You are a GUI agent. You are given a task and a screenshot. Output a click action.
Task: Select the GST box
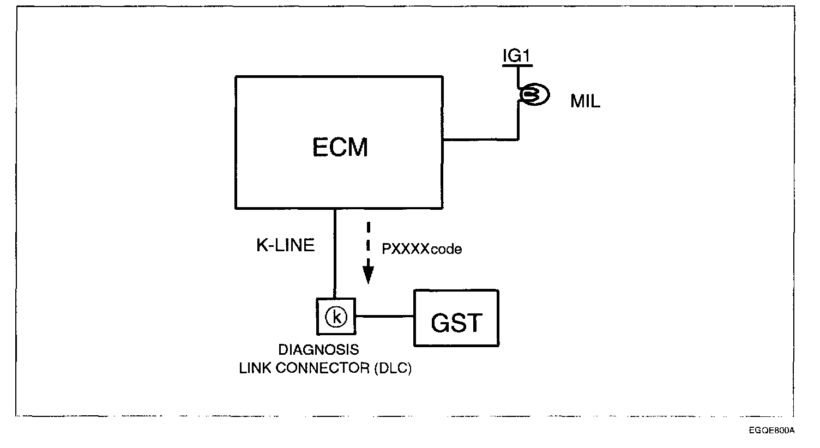click(x=456, y=318)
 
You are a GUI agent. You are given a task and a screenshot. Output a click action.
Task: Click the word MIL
click(x=585, y=102)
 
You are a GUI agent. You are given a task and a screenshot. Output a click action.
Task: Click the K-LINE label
click(x=285, y=246)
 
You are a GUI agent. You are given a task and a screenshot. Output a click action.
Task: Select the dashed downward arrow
click(x=369, y=251)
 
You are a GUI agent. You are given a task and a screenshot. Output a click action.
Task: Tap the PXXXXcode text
click(x=421, y=249)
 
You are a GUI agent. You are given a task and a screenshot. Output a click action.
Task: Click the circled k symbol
click(x=336, y=316)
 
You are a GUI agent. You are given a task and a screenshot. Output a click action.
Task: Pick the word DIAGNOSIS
click(x=319, y=349)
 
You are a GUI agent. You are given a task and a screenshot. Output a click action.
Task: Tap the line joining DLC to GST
click(x=384, y=316)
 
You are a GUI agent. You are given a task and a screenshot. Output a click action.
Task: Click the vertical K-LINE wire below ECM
click(x=335, y=256)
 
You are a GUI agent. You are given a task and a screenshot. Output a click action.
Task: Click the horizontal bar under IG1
click(x=516, y=65)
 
